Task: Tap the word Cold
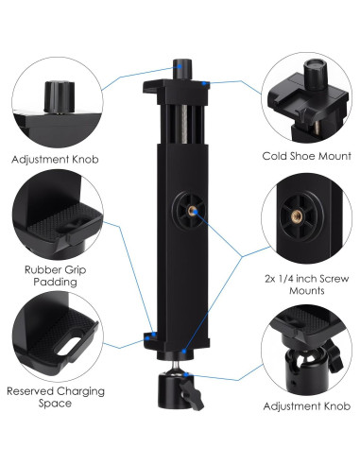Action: (276, 155)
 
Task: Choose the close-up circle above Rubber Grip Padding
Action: (52, 221)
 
